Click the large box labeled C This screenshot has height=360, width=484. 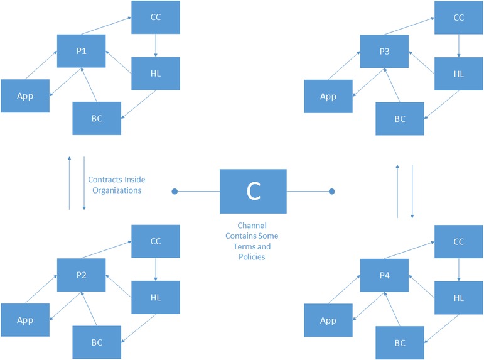point(253,191)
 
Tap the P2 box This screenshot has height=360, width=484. point(82,275)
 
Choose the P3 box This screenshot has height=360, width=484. point(384,51)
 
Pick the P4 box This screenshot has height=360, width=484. point(384,275)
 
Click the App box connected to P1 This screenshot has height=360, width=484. point(25,96)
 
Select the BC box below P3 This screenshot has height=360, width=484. point(400,118)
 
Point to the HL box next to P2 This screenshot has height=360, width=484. point(156,297)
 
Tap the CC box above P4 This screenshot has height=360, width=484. point(458,242)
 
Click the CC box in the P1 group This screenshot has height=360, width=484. point(156,18)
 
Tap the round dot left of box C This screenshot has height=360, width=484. point(176,191)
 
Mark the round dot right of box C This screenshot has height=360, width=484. point(332,191)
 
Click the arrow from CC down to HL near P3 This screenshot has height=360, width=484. point(458,45)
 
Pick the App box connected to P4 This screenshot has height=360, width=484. point(328,320)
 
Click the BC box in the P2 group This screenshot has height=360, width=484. point(97,342)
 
